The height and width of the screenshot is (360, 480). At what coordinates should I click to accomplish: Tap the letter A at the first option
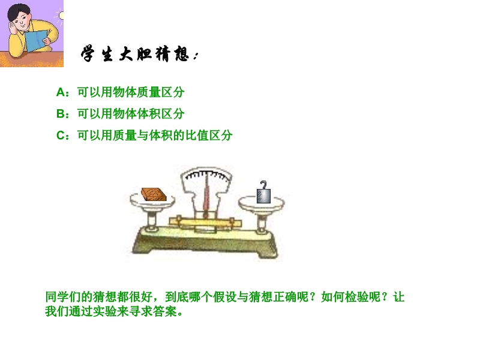click(61, 92)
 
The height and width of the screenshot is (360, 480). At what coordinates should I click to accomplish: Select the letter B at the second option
click(61, 114)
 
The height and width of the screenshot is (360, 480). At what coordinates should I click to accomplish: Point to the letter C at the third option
click(61, 136)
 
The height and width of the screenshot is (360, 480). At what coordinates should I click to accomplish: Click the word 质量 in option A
click(149, 92)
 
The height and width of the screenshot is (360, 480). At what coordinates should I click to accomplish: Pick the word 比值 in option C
click(197, 136)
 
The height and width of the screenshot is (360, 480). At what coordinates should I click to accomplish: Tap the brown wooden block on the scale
click(154, 194)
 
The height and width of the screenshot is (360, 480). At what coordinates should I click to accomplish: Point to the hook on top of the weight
click(263, 185)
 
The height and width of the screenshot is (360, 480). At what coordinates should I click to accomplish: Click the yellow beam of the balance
click(205, 222)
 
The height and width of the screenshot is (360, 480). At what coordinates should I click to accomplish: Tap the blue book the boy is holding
click(37, 40)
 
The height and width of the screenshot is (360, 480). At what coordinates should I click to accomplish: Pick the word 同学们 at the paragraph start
click(64, 297)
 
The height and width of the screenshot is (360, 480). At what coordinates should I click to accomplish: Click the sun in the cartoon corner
click(61, 16)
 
